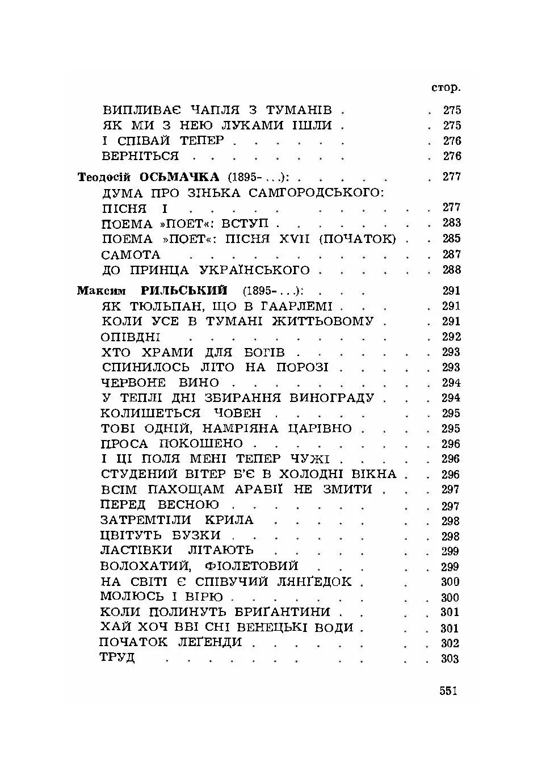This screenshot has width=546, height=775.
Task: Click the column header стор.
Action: point(446,87)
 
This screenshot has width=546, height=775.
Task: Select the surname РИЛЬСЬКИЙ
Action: point(183,291)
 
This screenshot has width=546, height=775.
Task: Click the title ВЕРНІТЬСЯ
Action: point(140,156)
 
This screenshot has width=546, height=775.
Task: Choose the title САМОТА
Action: point(131,254)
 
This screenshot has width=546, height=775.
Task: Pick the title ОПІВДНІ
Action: point(130,337)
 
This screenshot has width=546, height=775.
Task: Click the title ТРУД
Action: point(117,657)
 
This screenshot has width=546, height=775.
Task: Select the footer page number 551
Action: point(448,691)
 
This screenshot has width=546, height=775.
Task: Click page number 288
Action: point(451,270)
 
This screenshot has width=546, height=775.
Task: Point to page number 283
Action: point(451,223)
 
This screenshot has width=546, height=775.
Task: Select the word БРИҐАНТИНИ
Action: point(287,612)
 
